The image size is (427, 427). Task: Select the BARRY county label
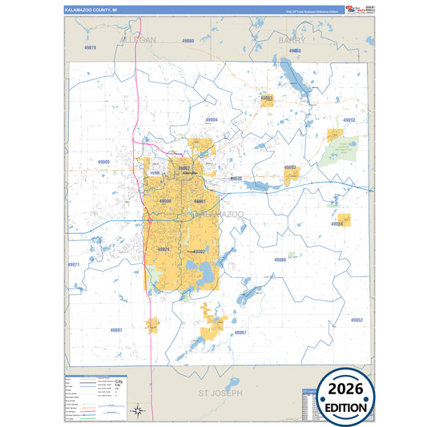(292, 38)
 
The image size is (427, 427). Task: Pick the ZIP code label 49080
(187, 40)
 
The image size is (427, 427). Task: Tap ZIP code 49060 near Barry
(295, 50)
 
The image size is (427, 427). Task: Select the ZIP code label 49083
(267, 99)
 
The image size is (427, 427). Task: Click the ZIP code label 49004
(211, 119)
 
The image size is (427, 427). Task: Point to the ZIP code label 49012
(348, 119)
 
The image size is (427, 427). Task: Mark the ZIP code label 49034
(338, 224)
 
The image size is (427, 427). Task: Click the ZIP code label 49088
(280, 260)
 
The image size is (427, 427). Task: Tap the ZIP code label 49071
(73, 264)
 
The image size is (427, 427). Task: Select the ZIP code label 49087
(116, 329)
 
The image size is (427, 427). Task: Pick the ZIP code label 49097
(240, 332)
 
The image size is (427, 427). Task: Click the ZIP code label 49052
(357, 320)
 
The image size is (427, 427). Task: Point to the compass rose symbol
(138, 411)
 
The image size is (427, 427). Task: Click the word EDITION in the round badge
(347, 408)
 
